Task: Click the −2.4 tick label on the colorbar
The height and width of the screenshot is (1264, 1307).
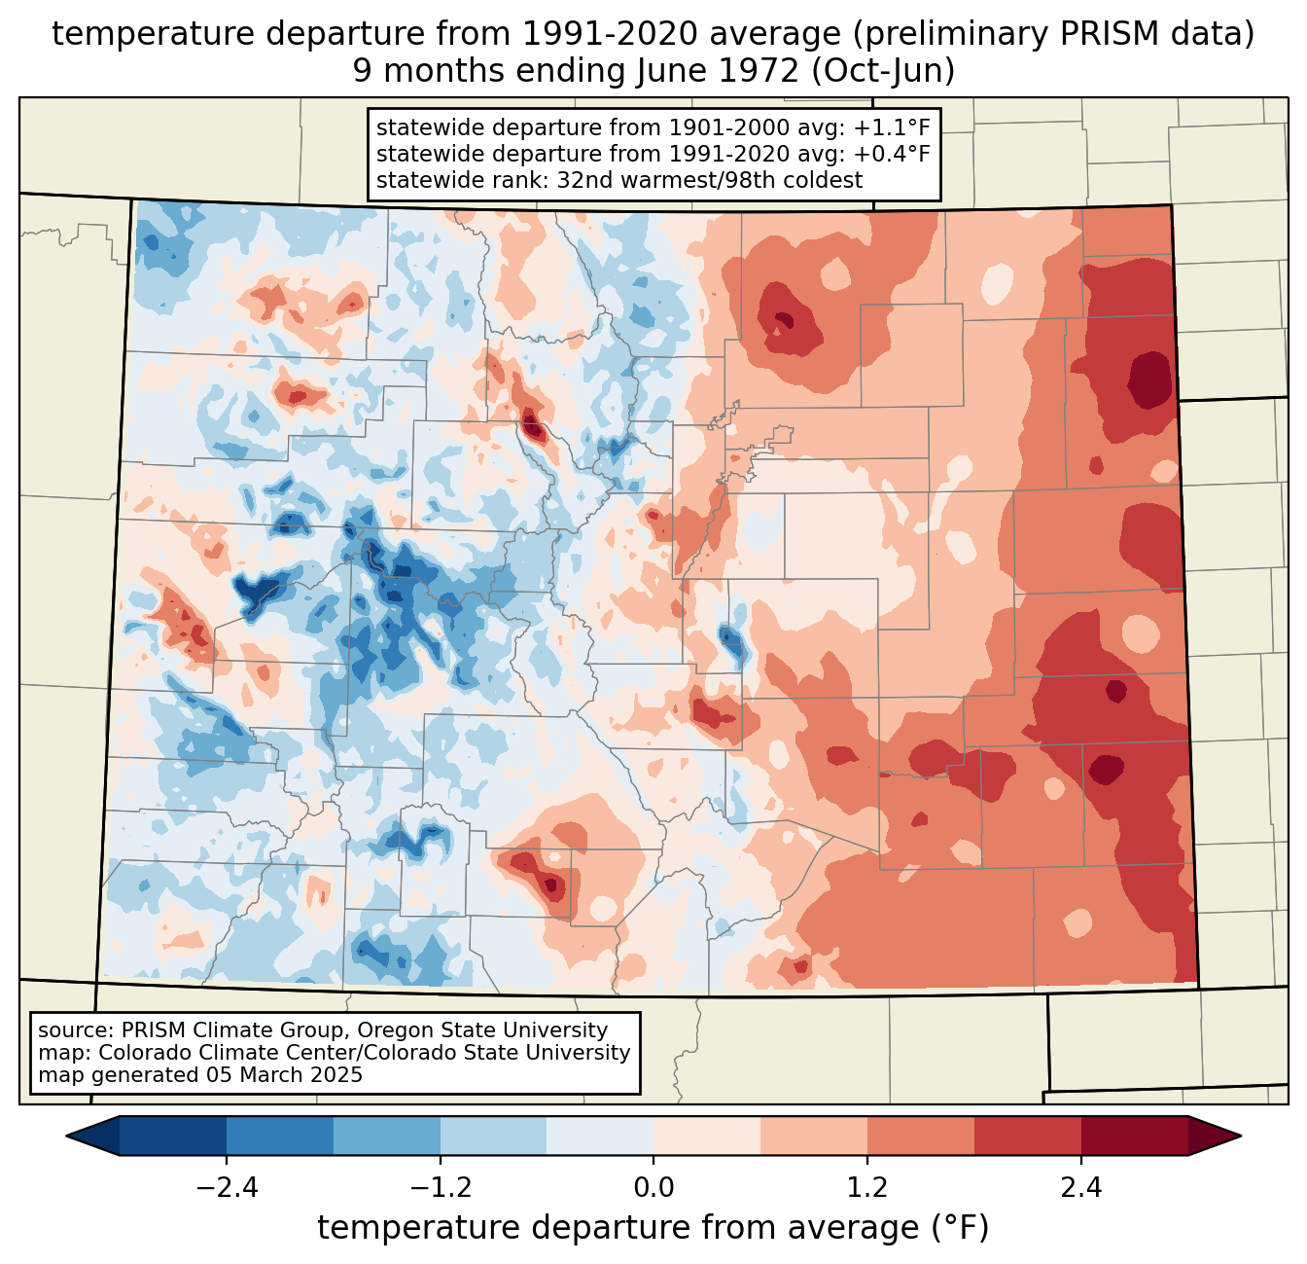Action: (x=227, y=1187)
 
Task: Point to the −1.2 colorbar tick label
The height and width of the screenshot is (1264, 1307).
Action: (x=441, y=1187)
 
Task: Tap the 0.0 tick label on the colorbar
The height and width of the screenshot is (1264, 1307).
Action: (x=653, y=1187)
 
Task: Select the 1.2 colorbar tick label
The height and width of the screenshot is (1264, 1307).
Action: (x=867, y=1187)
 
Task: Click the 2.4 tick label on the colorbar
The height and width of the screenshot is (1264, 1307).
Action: (x=1081, y=1187)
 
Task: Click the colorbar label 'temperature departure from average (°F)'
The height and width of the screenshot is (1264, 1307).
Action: (x=653, y=1228)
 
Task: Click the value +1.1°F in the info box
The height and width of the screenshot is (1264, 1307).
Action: (x=892, y=128)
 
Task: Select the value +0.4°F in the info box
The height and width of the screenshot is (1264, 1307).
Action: (x=892, y=154)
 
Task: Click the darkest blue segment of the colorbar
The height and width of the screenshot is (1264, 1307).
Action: (x=173, y=1136)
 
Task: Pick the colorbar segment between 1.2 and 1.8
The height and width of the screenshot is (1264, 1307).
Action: (x=921, y=1136)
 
